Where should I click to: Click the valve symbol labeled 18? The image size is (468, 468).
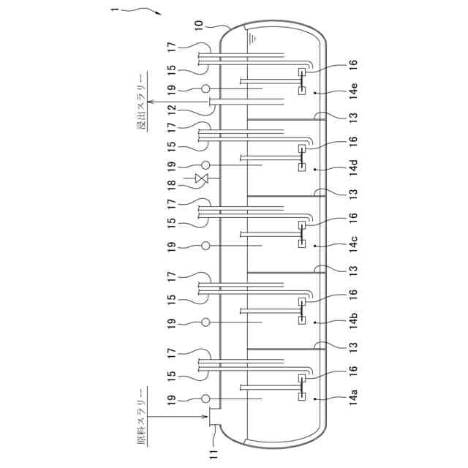pyautogui.click(x=201, y=178)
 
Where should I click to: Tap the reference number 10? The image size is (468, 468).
pyautogui.click(x=199, y=26)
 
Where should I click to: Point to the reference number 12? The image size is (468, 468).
pyautogui.click(x=172, y=110)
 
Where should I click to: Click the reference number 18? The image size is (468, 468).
pyautogui.click(x=172, y=187)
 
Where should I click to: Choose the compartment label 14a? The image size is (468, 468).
pyautogui.click(x=353, y=396)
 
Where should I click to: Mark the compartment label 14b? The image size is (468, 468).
pyautogui.click(x=353, y=320)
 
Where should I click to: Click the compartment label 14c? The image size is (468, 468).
pyautogui.click(x=353, y=244)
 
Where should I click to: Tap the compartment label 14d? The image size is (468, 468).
pyautogui.click(x=353, y=167)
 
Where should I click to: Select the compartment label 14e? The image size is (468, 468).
pyautogui.click(x=353, y=91)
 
